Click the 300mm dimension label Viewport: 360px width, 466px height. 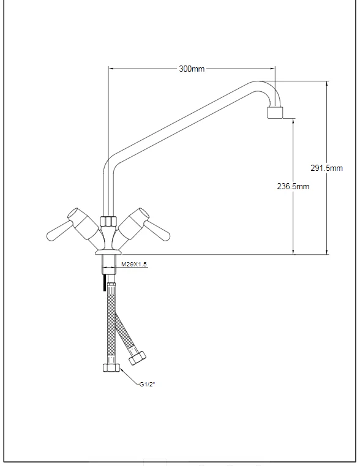(192, 69)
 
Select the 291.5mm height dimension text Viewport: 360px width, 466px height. (327, 168)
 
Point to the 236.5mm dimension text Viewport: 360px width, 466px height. (293, 186)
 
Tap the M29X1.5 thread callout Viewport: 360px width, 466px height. (133, 264)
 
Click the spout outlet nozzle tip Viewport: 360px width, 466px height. (276, 113)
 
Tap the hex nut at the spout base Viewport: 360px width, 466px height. (110, 220)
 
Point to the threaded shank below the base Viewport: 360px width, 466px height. (110, 263)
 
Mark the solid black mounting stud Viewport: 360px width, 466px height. (105, 284)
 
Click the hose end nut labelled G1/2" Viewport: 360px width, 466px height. (112, 369)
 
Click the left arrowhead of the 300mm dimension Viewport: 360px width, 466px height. (111, 69)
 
